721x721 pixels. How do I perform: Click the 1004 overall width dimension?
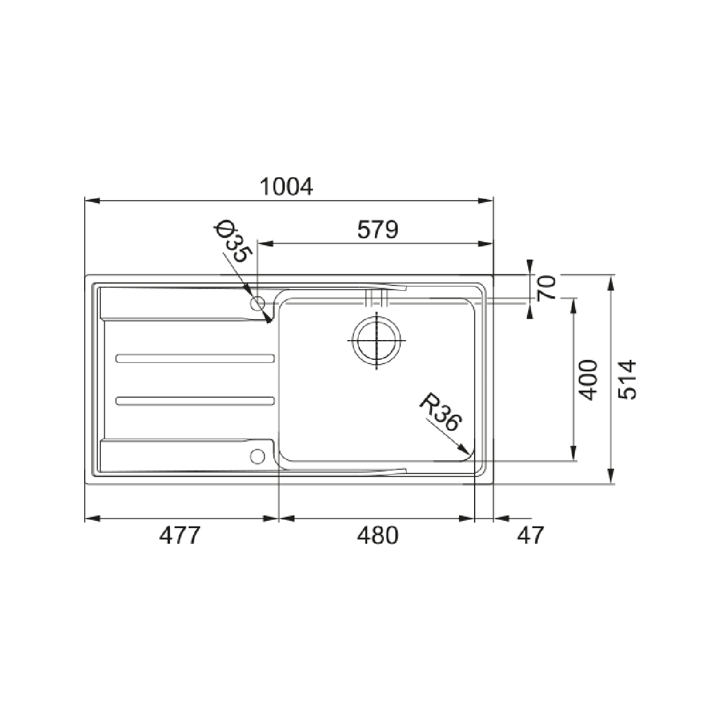286,187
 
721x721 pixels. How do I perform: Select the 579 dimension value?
378,230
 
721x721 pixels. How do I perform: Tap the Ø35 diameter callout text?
233,242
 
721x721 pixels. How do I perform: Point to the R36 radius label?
440,412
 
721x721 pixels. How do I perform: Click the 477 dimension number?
180,535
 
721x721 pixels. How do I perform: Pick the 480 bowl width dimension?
377,535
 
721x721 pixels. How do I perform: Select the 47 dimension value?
530,535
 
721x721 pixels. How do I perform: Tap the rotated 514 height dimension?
627,380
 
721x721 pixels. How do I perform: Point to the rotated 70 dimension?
547,288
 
